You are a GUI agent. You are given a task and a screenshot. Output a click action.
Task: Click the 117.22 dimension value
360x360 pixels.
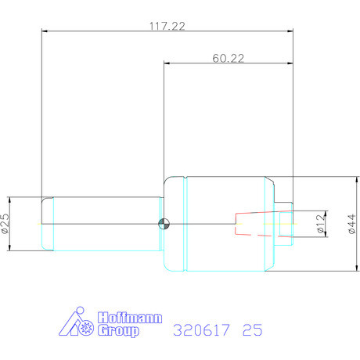pyautogui.click(x=167, y=26)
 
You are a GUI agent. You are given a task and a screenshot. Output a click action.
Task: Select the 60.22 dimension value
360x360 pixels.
pyautogui.click(x=229, y=58)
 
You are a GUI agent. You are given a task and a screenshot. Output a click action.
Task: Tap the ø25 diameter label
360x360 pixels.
pyautogui.click(x=5, y=223)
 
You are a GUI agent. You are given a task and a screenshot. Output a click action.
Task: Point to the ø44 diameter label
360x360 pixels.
pyautogui.click(x=351, y=224)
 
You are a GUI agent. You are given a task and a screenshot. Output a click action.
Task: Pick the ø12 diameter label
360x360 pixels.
pyautogui.click(x=321, y=224)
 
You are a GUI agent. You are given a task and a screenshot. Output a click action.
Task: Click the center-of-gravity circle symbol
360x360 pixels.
pyautogui.click(x=164, y=224)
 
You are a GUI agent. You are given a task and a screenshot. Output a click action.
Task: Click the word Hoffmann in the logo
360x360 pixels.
pyautogui.click(x=130, y=318)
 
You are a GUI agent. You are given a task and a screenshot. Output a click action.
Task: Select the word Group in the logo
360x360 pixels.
pyautogui.click(x=118, y=331)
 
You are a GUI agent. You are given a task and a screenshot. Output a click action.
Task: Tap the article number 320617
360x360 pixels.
pyautogui.click(x=201, y=330)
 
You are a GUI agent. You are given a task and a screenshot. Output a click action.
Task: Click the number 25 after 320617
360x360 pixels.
pyautogui.click(x=252, y=330)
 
